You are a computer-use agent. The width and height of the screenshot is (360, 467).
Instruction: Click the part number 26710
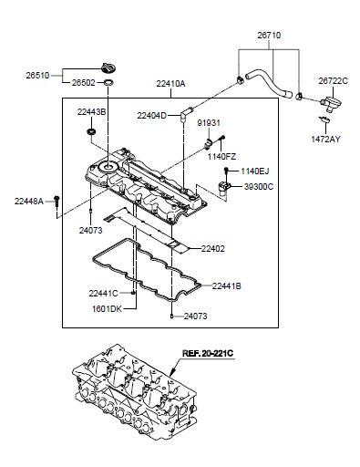point(269,36)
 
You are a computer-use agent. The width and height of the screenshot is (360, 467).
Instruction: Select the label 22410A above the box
point(170,84)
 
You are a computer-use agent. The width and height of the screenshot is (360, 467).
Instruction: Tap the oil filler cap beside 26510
point(108,67)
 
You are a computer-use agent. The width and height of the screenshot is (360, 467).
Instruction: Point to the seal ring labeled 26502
point(108,82)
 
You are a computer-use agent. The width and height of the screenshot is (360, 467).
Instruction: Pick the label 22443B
point(91,112)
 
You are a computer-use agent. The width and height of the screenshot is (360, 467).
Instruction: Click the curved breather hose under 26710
point(269,82)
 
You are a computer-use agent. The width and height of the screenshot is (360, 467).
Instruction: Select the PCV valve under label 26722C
point(327,102)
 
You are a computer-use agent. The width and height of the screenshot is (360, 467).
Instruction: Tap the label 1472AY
point(325,140)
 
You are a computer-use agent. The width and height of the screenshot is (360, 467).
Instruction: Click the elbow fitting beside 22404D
point(185,113)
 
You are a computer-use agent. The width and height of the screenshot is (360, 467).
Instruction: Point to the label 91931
point(209,123)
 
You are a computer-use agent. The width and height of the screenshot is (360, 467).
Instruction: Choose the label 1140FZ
point(221,157)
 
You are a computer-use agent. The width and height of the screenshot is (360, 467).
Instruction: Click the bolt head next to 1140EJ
point(226,170)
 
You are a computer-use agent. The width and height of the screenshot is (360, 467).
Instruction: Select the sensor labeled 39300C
point(224,187)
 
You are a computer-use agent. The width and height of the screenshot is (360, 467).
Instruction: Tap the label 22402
point(212,249)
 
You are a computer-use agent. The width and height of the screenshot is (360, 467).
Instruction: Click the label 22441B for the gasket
point(226,286)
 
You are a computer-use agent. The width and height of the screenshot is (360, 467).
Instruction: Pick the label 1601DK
point(107,309)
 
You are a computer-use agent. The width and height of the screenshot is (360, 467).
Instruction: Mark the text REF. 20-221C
point(208,353)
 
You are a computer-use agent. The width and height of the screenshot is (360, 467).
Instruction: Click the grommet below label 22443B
point(91,132)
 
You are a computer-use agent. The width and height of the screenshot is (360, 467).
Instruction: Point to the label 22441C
point(103,294)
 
